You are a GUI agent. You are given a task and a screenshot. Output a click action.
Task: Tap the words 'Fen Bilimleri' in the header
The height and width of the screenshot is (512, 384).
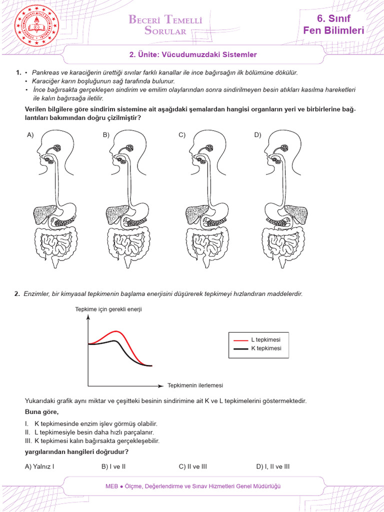click(333, 31)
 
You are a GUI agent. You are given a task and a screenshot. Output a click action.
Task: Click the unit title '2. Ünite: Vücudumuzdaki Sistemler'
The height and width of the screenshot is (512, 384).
click(193, 54)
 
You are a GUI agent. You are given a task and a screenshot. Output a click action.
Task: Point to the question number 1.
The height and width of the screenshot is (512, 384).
click(17, 72)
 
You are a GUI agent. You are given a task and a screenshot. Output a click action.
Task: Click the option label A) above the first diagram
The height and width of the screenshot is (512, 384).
click(30, 135)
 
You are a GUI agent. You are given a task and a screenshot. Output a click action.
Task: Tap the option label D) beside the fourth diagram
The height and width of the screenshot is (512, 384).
click(257, 135)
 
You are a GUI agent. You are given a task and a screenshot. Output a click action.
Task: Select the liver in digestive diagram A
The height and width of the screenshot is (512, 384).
click(43, 214)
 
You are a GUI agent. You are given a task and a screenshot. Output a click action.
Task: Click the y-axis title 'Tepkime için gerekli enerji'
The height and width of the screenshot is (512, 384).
click(108, 309)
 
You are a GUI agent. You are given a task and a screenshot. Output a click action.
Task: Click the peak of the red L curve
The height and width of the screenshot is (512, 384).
click(117, 331)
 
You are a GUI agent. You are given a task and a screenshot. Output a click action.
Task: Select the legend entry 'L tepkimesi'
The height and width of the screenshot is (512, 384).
click(265, 339)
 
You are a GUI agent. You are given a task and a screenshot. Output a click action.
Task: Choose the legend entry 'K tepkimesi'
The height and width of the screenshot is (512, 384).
click(265, 348)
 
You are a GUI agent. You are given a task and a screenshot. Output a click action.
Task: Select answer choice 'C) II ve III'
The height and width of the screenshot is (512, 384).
click(192, 466)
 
